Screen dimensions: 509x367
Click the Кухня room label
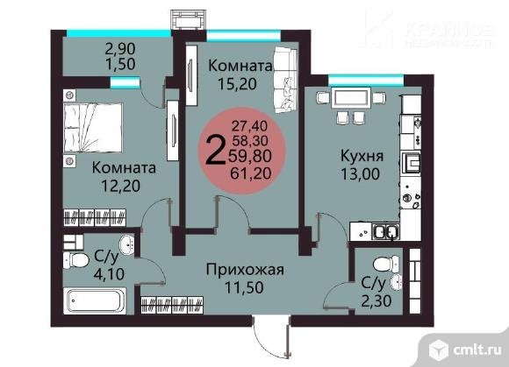pos(362,156)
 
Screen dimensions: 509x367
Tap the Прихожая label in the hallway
pos(245,270)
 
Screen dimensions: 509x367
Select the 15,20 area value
pos(237,84)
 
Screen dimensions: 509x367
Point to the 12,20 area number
pos(121,186)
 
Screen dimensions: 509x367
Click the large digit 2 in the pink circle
pos(216,151)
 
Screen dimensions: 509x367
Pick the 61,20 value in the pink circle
pos(251,173)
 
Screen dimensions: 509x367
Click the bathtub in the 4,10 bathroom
pos(97,301)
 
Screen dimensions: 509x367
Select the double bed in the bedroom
pos(93,128)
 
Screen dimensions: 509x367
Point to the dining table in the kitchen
pos(351,98)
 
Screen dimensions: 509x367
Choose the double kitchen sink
pos(385,231)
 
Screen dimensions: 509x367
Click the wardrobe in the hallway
pos(172,305)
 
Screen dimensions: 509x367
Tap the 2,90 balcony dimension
pos(120,49)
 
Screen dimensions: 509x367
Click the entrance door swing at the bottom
pos(271,337)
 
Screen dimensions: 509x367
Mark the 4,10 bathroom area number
pos(109,274)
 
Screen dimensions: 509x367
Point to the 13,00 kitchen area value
pos(360,174)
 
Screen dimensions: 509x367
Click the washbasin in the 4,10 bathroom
pos(127,245)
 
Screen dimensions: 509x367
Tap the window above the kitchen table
pos(366,80)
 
